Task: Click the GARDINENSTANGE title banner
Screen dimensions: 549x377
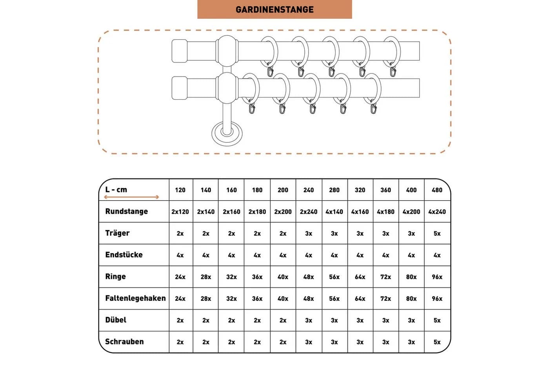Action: click(x=274, y=9)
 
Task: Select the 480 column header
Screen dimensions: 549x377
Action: click(x=437, y=190)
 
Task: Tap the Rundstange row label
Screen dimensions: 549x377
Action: click(x=126, y=212)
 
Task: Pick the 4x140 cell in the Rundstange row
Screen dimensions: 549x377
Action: click(x=334, y=212)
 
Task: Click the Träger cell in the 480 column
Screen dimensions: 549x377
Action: click(x=437, y=233)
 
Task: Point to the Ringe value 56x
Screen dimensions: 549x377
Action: click(x=334, y=277)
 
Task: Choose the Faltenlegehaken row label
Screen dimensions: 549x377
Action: click(x=136, y=298)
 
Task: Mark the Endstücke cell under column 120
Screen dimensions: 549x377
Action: click(x=180, y=255)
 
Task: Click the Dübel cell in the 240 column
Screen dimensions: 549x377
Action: click(x=309, y=320)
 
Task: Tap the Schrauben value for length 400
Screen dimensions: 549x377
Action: click(x=411, y=342)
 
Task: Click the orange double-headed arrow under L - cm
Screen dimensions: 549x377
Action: click(x=132, y=197)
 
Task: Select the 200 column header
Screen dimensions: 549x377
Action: click(x=283, y=190)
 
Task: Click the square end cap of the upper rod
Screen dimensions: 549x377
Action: click(x=180, y=51)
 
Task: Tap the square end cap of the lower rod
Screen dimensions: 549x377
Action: click(x=180, y=88)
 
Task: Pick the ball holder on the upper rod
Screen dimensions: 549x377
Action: click(x=227, y=51)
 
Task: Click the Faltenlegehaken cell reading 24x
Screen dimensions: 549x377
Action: click(x=180, y=299)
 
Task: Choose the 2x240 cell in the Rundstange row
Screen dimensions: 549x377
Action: click(x=309, y=212)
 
